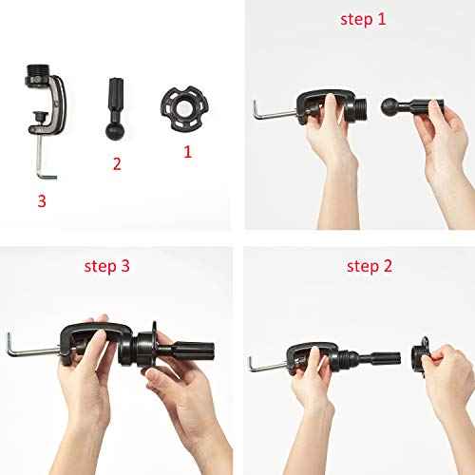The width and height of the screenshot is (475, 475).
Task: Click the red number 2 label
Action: [x=117, y=164]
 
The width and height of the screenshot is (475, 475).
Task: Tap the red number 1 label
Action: [x=187, y=150]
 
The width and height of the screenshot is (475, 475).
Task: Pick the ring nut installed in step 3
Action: [x=147, y=347]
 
